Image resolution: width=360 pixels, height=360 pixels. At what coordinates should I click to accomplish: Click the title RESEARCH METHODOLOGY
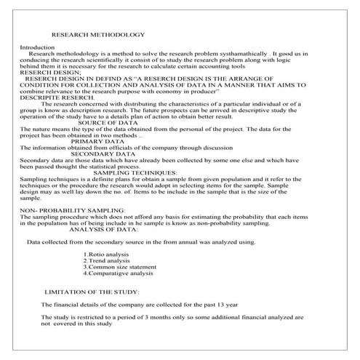98,35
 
